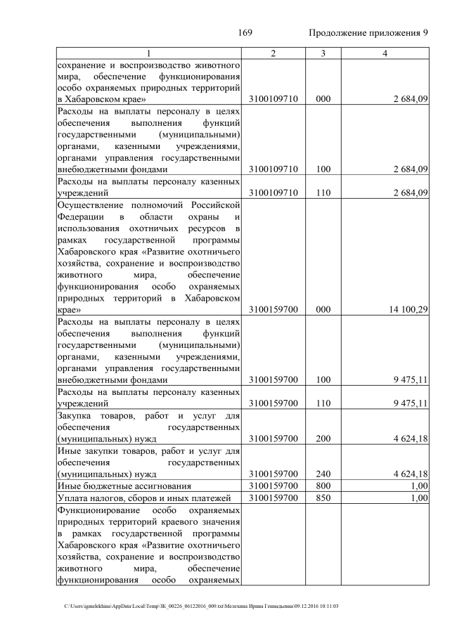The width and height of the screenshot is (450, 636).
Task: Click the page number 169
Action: (245, 33)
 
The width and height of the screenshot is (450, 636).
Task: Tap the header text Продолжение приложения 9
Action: (368, 33)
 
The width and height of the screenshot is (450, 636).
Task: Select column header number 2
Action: (273, 53)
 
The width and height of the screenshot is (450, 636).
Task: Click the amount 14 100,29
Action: (406, 309)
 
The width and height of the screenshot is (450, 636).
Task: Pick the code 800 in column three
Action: (323, 486)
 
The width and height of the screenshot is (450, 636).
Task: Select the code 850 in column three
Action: (323, 498)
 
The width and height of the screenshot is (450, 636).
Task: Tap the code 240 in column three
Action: (323, 474)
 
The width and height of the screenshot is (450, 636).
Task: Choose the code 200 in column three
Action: (323, 439)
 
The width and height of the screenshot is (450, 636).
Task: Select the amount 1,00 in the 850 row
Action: (420, 498)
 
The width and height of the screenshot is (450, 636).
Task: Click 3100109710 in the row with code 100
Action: (273, 169)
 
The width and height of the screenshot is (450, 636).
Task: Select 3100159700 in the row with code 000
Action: (273, 309)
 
